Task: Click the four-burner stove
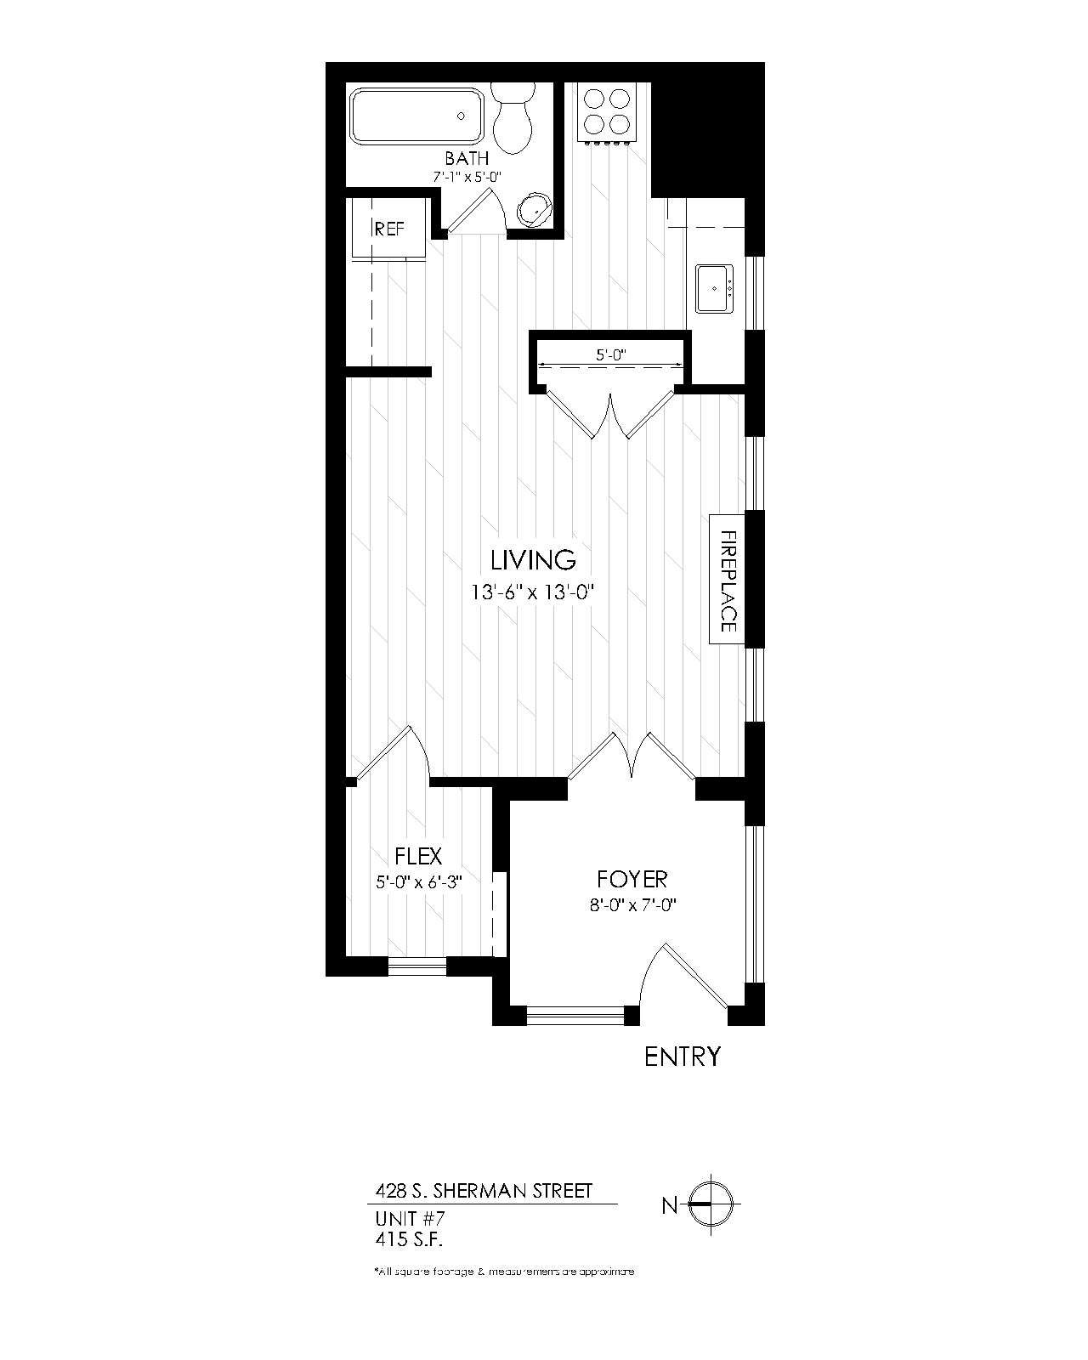pyautogui.click(x=607, y=111)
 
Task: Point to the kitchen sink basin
pyautogui.click(x=714, y=288)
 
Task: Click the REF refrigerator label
pyautogui.click(x=389, y=229)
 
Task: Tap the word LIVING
pyautogui.click(x=533, y=560)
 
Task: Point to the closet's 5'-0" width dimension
pyautogui.click(x=611, y=355)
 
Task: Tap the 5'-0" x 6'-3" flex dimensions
pyautogui.click(x=418, y=882)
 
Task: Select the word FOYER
pyautogui.click(x=632, y=879)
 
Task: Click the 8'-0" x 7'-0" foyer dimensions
pyautogui.click(x=632, y=905)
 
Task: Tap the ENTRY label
pyautogui.click(x=682, y=1057)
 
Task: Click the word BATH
pyautogui.click(x=467, y=158)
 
